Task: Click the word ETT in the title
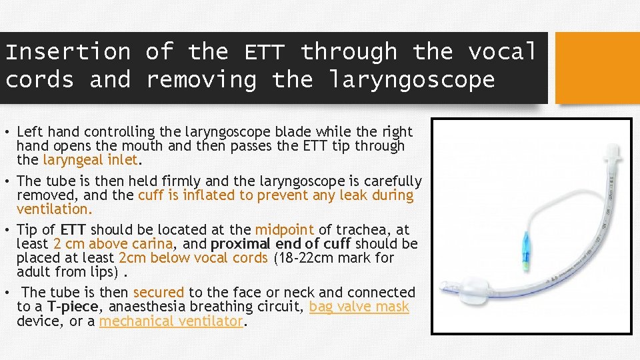265,51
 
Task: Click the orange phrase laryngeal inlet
90,160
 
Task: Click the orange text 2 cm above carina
112,243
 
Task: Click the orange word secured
159,293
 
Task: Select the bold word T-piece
73,307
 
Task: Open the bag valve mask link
359,307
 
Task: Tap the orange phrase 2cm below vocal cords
193,257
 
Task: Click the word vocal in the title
501,51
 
